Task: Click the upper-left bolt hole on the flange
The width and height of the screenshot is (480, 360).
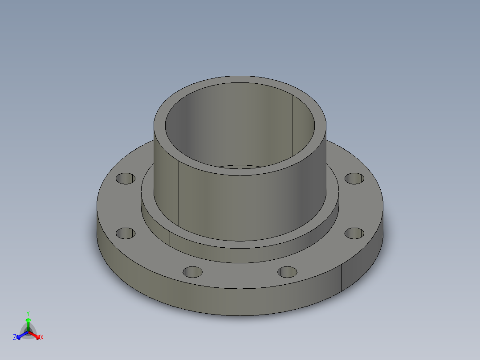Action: coord(126,179)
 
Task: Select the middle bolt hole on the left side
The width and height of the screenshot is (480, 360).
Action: coord(126,233)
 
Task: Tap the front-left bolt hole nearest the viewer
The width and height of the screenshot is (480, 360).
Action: coord(193,271)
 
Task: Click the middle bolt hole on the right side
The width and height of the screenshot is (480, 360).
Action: coord(354,233)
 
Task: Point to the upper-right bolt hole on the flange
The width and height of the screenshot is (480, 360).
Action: coord(354,178)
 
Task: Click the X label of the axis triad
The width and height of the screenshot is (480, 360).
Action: coord(42,337)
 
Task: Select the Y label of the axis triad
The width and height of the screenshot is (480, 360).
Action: coord(28,313)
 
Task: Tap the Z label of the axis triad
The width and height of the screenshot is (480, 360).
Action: coord(15,337)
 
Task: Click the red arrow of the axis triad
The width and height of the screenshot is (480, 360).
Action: coord(36,335)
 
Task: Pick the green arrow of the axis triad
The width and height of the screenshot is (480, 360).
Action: coord(28,321)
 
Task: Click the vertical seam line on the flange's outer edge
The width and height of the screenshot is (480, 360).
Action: coord(342,279)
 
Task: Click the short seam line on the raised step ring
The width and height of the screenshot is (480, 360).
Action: coord(170,239)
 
